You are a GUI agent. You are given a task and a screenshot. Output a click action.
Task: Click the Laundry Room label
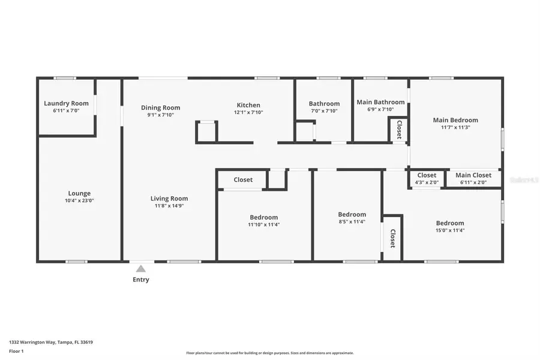[x=66, y=103]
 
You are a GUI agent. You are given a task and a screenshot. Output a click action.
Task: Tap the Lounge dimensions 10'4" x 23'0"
[x=79, y=200]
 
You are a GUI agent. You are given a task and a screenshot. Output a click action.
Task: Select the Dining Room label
[x=160, y=108]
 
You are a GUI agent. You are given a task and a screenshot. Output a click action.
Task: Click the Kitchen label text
[x=248, y=106]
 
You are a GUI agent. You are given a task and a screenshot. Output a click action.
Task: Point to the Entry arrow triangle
[x=140, y=269]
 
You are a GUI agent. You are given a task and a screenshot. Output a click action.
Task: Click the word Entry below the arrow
[x=140, y=280]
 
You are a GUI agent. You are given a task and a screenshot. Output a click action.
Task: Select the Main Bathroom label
[x=380, y=102]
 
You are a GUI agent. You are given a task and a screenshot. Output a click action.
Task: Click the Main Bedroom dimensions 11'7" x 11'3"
[x=455, y=127]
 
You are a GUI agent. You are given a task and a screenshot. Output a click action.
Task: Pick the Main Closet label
[x=473, y=175]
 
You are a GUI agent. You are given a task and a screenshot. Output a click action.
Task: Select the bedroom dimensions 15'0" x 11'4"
[x=450, y=230]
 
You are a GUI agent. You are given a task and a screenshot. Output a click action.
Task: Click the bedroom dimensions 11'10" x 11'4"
[x=263, y=224]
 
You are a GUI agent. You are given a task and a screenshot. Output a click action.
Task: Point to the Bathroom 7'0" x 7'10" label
[x=324, y=104]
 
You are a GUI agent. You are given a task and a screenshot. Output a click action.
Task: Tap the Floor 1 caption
[x=16, y=350]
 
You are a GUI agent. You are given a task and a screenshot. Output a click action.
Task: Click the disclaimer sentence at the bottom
[x=270, y=353]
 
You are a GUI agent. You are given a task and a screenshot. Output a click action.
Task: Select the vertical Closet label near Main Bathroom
[x=399, y=130]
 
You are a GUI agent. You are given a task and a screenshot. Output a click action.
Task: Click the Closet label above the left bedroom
[x=243, y=179]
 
